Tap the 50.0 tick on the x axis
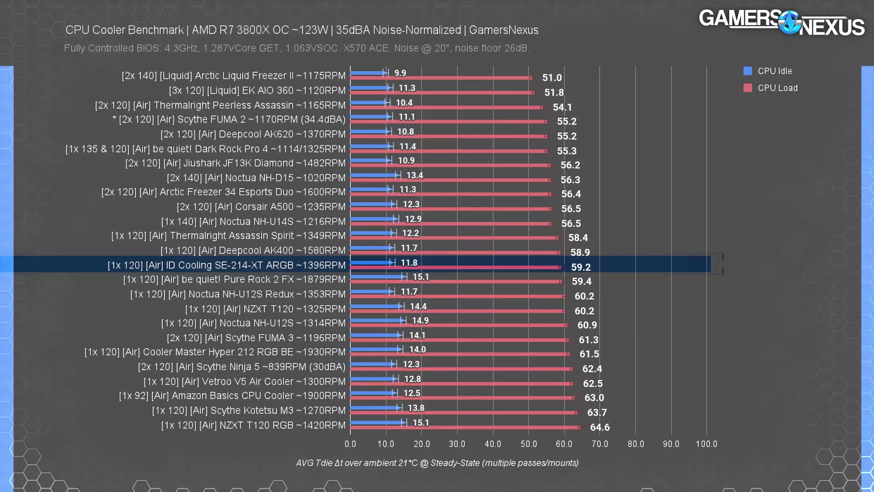pyautogui.click(x=528, y=444)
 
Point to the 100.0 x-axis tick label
pyautogui.click(x=706, y=444)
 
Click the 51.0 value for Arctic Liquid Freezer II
pyautogui.click(x=552, y=78)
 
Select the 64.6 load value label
pyautogui.click(x=599, y=427)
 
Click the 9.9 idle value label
pyautogui.click(x=400, y=73)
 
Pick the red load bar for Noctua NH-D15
pyautogui.click(x=450, y=180)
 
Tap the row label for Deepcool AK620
pyautogui.click(x=253, y=134)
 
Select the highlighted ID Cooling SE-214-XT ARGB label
pyautogui.click(x=227, y=265)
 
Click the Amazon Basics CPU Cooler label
pyautogui.click(x=232, y=396)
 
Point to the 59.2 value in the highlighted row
pyautogui.click(x=581, y=267)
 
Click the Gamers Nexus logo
pyautogui.click(x=781, y=22)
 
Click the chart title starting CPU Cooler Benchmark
pyautogui.click(x=302, y=30)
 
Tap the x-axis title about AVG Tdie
pyautogui.click(x=437, y=463)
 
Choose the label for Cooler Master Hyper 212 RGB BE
pyautogui.click(x=215, y=352)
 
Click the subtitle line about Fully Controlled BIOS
pyautogui.click(x=297, y=48)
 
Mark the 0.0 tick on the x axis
pyautogui.click(x=350, y=444)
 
